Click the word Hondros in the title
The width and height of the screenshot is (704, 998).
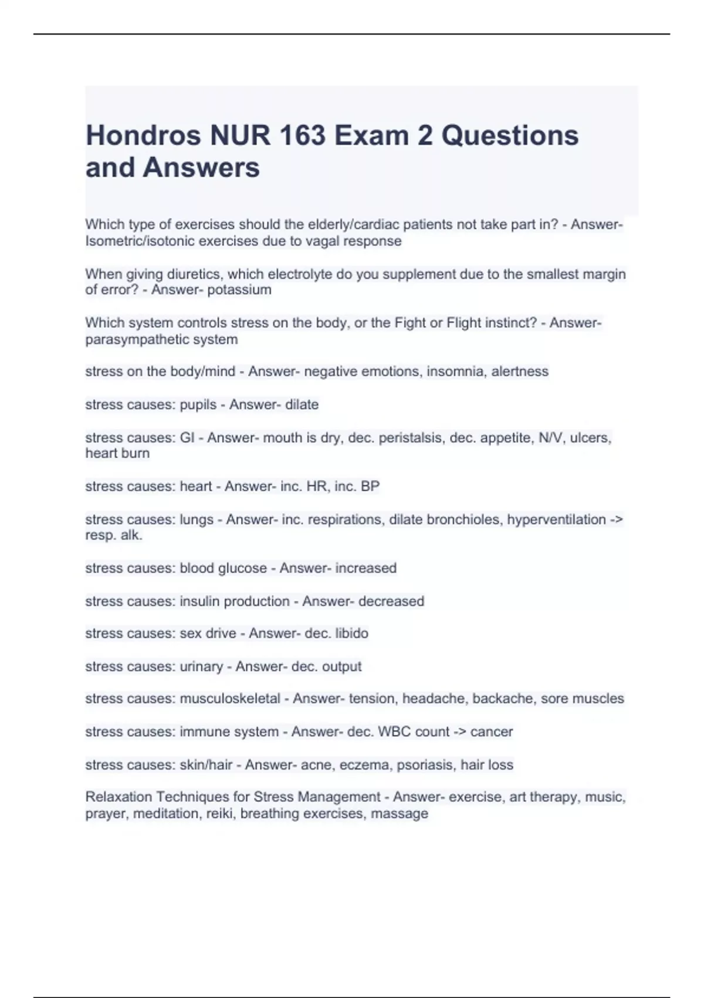click(143, 136)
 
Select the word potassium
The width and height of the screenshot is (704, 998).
click(239, 290)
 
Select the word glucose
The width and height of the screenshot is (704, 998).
click(242, 568)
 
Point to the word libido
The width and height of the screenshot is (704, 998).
click(351, 633)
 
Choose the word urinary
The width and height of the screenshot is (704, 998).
click(201, 667)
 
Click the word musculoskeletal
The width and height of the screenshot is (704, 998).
click(230, 699)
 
